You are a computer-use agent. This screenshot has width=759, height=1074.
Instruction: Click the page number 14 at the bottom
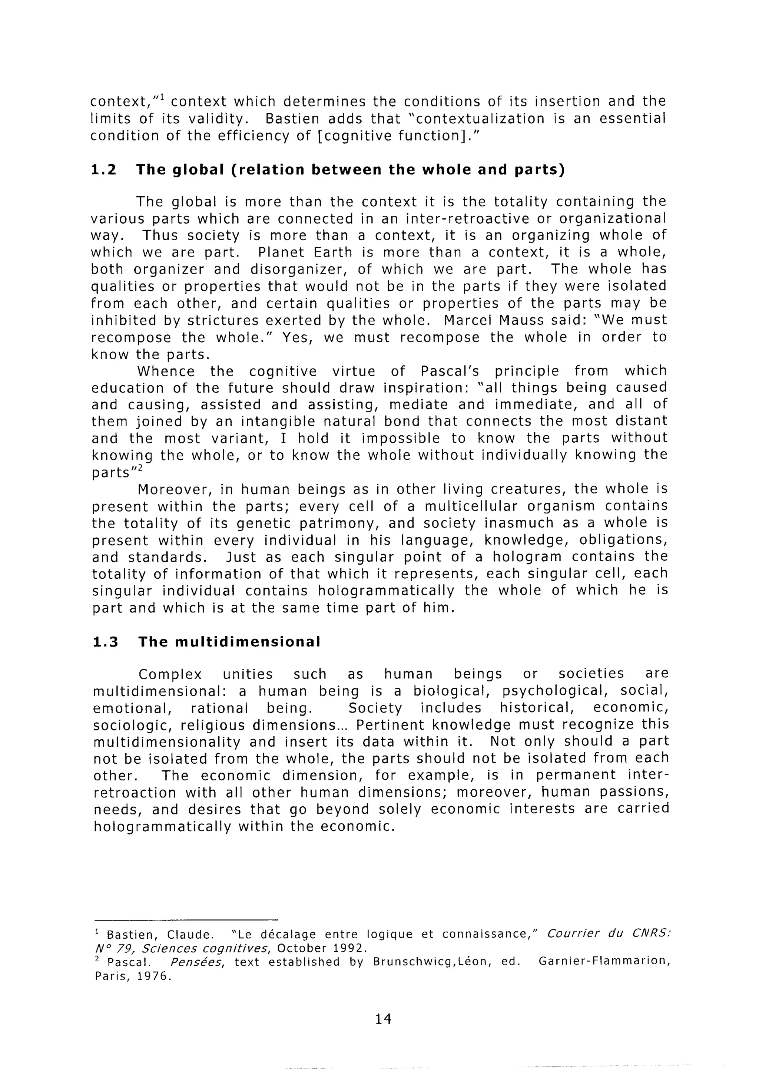[x=382, y=1018]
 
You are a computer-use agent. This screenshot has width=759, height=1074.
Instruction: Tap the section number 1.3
[x=106, y=642]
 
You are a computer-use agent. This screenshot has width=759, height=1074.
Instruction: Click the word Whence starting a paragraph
[x=166, y=371]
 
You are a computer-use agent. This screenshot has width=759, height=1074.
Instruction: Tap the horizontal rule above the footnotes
[x=186, y=919]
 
